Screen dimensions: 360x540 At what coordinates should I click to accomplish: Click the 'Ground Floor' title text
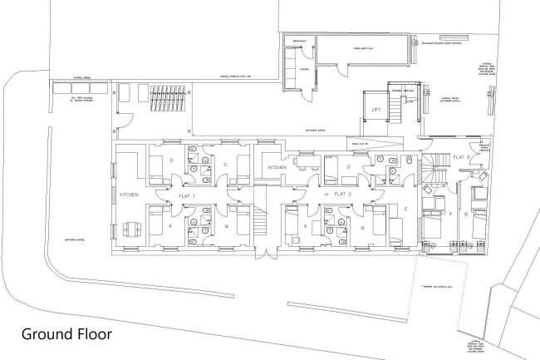tap(66, 336)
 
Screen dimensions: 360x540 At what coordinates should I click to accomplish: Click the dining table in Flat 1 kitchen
tap(128, 228)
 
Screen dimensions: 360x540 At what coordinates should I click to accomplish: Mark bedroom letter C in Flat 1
tap(225, 164)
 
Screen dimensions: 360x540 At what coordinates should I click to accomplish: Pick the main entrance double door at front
tap(263, 250)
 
